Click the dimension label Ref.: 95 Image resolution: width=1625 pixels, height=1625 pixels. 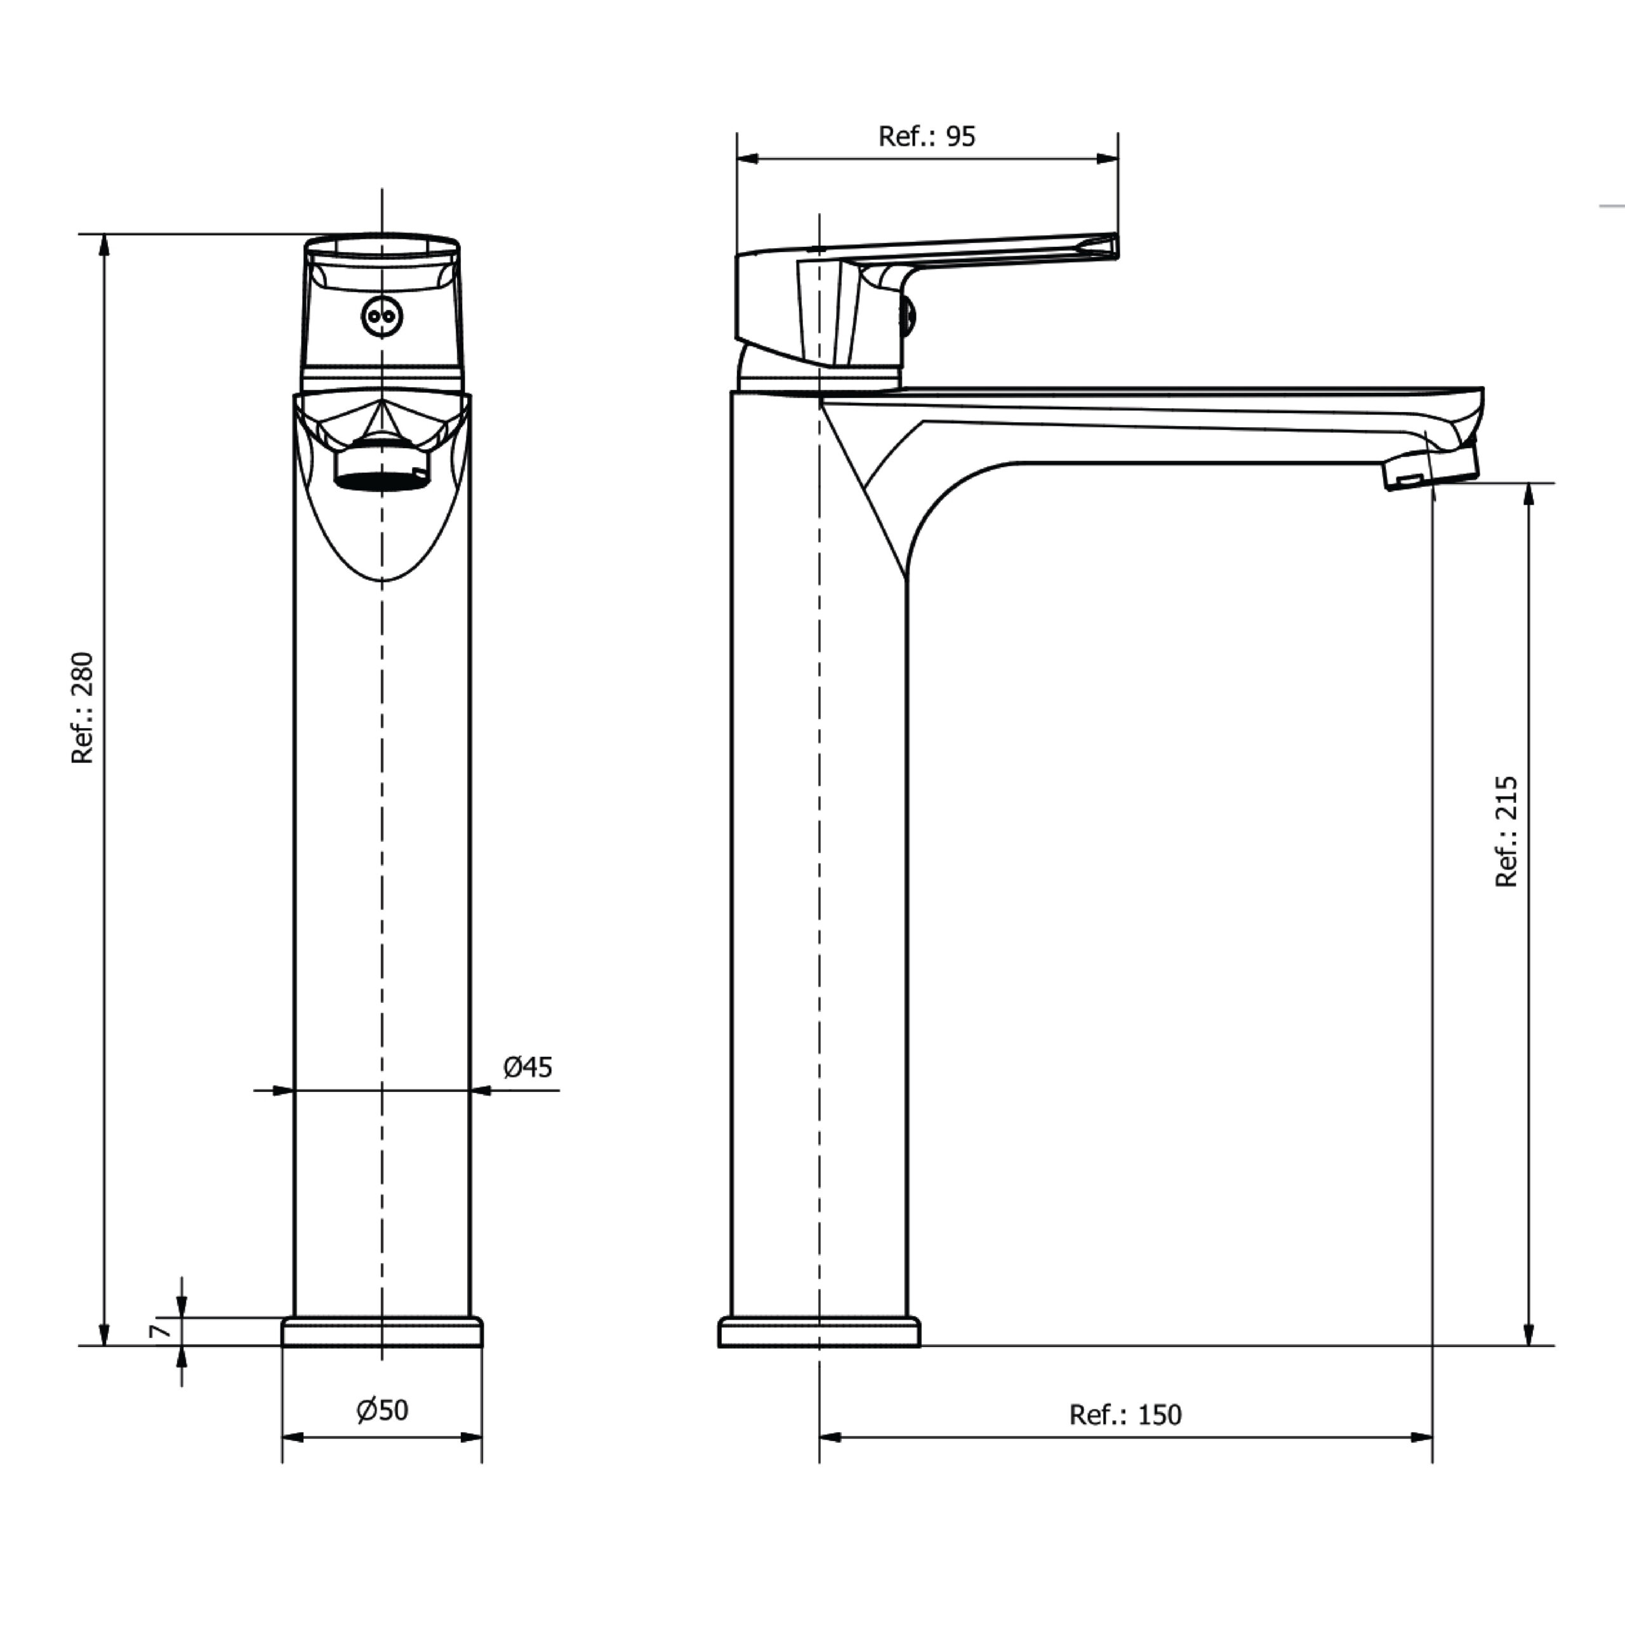coord(926,136)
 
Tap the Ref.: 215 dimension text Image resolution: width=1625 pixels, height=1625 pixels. coord(1506,832)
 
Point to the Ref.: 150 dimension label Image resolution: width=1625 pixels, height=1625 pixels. coord(1125,1415)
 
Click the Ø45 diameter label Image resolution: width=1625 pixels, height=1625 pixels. coord(527,1067)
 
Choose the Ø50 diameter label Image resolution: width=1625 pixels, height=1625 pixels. coord(383,1410)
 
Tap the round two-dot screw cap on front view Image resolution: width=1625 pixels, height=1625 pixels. coord(382,317)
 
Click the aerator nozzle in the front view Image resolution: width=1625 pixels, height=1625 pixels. coord(382,469)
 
